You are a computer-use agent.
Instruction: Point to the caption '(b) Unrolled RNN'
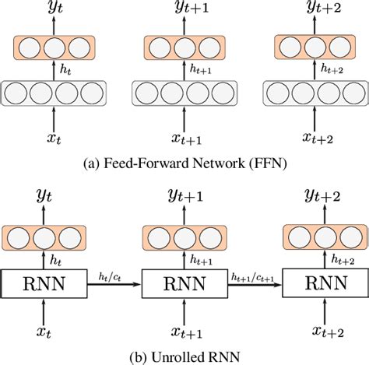click(184, 356)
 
